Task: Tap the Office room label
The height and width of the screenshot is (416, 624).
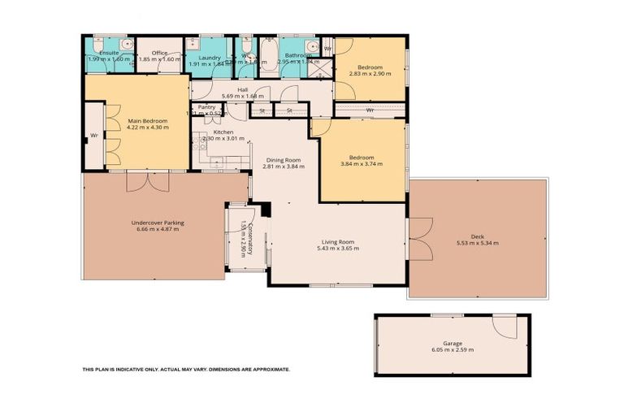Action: click(x=159, y=53)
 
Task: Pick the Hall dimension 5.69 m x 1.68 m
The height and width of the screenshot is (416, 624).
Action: click(x=242, y=97)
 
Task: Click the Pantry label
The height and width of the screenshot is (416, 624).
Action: click(x=206, y=106)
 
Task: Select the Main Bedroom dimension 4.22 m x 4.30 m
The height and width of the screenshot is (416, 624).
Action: click(x=137, y=128)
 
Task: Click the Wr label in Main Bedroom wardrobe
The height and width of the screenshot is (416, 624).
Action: click(x=94, y=135)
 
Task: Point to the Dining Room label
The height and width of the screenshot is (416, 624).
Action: click(x=282, y=160)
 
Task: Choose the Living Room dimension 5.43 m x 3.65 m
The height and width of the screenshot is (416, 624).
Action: click(x=336, y=248)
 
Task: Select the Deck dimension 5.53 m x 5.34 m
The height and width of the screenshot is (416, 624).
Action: click(x=477, y=243)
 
